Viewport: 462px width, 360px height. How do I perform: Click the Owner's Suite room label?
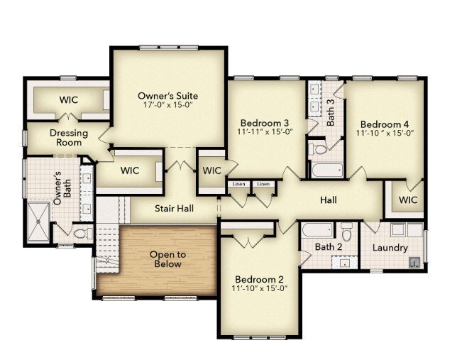168,96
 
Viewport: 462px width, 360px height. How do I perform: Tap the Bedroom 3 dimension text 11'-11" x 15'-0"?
265,132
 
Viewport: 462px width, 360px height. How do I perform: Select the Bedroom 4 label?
385,124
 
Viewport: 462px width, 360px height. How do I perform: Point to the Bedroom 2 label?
259,279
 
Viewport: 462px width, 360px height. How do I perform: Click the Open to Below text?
167,259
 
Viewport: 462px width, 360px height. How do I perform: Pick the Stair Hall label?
174,209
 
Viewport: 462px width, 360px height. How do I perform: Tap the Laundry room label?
390,248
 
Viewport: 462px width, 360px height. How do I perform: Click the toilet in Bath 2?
346,231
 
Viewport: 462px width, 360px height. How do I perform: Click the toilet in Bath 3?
318,148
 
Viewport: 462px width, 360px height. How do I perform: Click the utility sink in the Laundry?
415,262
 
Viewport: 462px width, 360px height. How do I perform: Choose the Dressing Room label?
69,138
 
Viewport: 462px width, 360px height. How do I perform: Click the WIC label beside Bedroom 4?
408,200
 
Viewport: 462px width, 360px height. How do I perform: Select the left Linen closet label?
239,184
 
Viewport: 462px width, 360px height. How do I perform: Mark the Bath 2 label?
329,247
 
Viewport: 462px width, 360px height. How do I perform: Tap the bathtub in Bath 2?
318,230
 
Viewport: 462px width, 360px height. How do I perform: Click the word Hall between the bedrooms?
329,200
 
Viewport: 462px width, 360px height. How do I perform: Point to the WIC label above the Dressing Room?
69,99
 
